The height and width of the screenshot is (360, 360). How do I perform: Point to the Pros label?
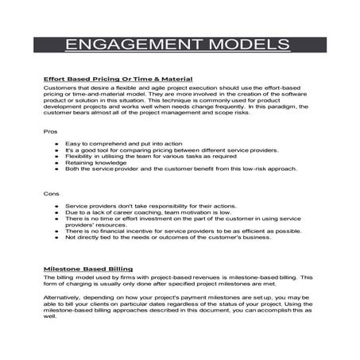tap(50, 130)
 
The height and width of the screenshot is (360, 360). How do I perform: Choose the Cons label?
tap(51, 193)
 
